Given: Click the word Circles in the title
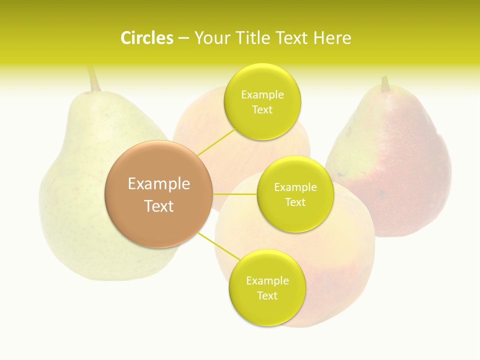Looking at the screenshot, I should (146, 38).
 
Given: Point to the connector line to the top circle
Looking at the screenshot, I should (216, 142).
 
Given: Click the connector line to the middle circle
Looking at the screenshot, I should (234, 193).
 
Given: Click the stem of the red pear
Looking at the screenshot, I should (385, 84).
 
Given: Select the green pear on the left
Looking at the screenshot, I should (75, 200).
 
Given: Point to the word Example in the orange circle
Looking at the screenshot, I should (158, 184).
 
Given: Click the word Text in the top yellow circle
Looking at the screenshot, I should (262, 110).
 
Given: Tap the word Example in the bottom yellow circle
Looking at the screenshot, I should (267, 281).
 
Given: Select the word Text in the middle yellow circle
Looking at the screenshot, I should (295, 202).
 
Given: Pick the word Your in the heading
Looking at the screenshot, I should (210, 38).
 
